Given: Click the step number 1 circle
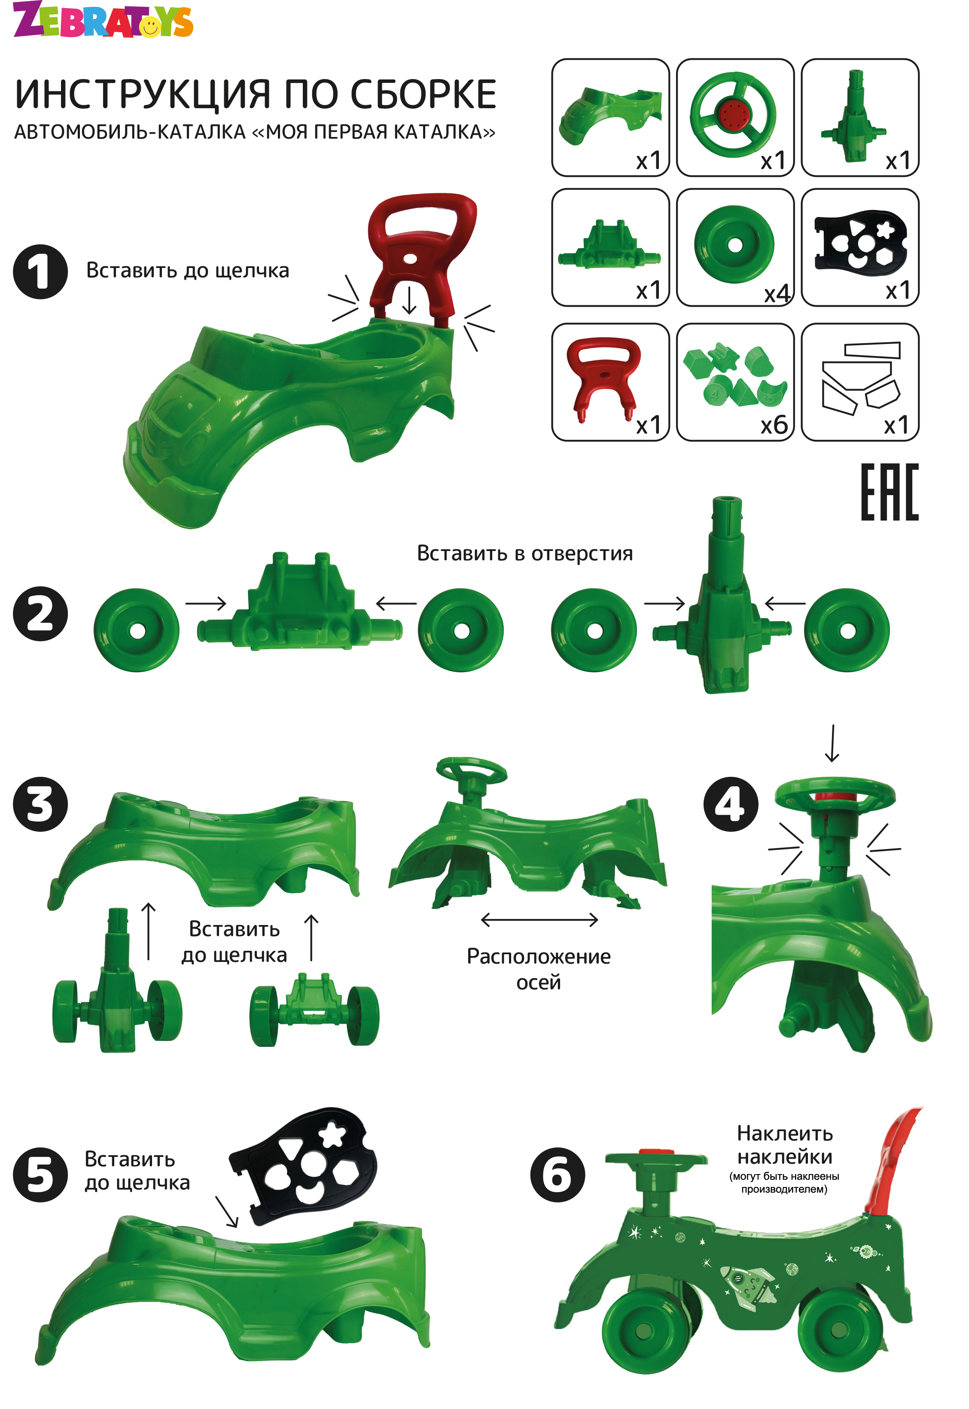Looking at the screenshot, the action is point(40,271).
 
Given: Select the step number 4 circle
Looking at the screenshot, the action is point(731,804).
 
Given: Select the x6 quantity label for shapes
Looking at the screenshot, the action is point(775,426).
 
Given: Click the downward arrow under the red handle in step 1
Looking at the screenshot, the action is point(409,300).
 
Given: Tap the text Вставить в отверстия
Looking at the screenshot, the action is point(524,553).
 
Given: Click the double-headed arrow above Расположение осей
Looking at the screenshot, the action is point(539,920).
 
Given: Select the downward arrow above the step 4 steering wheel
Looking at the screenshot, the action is point(832,743).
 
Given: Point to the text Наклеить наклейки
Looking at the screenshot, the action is point(784,1145).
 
